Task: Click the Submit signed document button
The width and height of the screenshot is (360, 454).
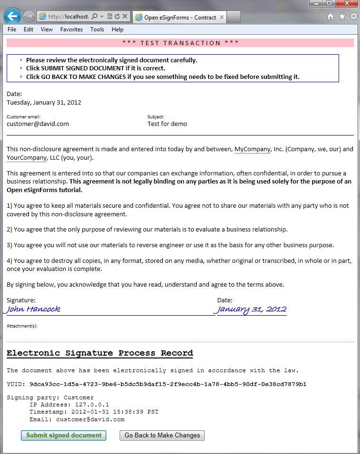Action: click(x=64, y=435)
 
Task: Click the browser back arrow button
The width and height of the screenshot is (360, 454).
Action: click(x=12, y=16)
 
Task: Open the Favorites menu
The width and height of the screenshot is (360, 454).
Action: click(x=71, y=29)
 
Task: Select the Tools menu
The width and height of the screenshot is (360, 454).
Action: click(x=97, y=29)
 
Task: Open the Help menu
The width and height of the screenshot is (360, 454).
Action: click(x=117, y=29)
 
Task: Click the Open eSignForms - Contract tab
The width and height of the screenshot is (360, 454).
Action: click(x=180, y=18)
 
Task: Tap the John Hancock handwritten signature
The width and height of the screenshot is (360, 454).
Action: click(x=33, y=309)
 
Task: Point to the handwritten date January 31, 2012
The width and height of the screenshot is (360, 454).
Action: click(x=252, y=309)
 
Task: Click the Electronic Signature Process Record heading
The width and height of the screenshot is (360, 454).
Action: click(x=100, y=353)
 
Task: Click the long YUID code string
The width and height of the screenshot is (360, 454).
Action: click(x=168, y=384)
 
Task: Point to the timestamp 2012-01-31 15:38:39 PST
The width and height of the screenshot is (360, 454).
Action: click(x=115, y=412)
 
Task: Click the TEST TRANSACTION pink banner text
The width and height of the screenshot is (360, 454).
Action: click(x=180, y=43)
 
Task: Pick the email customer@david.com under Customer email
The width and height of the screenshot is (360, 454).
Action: click(x=38, y=124)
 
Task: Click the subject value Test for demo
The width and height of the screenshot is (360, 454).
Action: click(x=167, y=124)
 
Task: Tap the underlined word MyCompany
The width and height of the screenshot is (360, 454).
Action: click(x=252, y=149)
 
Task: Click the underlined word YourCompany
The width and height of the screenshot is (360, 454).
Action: click(x=27, y=158)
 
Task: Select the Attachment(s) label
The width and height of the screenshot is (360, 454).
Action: click(x=22, y=326)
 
